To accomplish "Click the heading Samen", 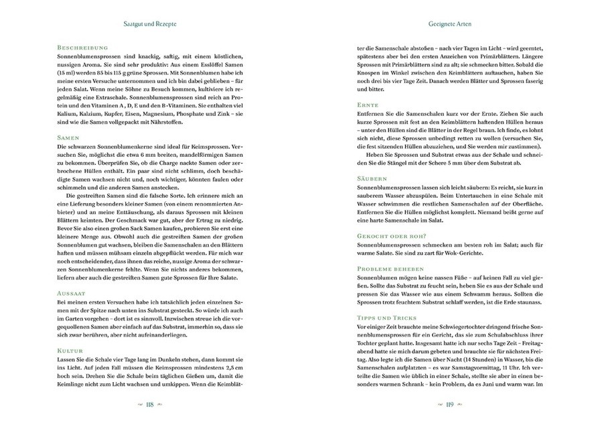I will (69, 137).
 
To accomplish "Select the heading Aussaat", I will (73, 294).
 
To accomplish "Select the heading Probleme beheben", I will (393, 268).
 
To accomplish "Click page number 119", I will (446, 405).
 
